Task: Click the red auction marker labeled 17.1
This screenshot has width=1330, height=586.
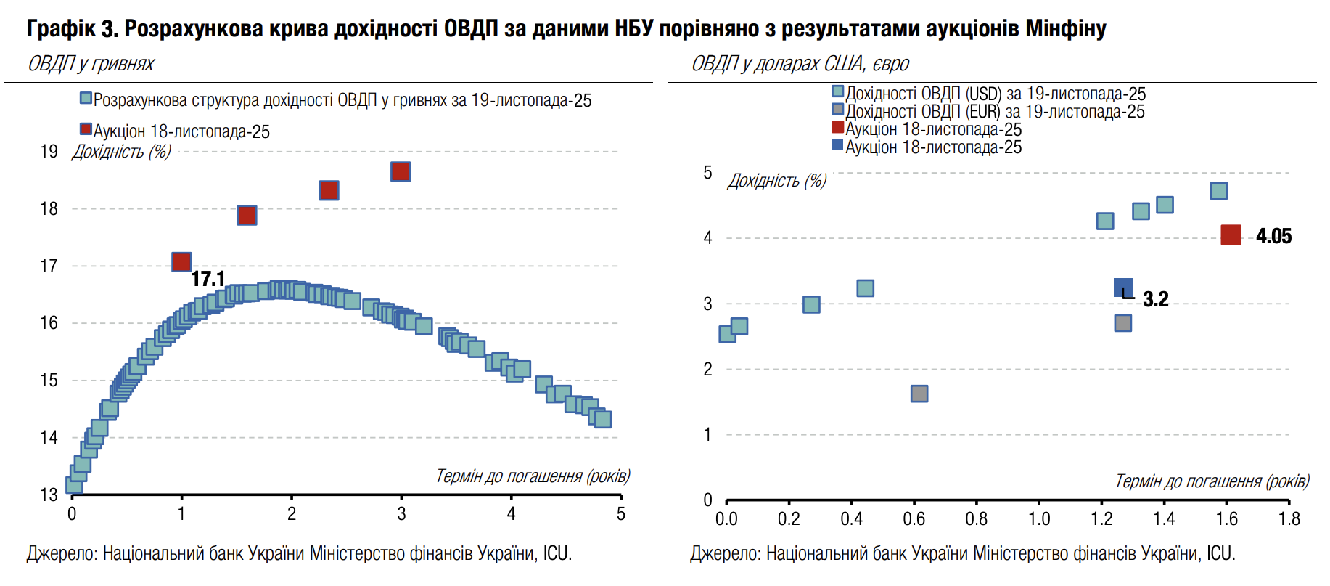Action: (x=181, y=261)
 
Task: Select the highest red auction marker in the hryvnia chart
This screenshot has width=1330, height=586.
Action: (x=401, y=171)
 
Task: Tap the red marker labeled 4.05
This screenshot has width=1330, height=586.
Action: (x=1231, y=235)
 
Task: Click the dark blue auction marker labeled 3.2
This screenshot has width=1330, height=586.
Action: (x=1122, y=288)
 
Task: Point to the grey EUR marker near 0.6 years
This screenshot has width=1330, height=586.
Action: (x=919, y=394)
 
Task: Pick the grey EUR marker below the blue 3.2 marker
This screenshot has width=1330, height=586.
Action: (x=1122, y=322)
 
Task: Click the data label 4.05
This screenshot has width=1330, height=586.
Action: (x=1273, y=236)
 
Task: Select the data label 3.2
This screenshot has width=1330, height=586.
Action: (x=1155, y=299)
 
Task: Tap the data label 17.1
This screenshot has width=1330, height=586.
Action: (x=208, y=279)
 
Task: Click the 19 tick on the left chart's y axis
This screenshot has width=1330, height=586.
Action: (x=49, y=152)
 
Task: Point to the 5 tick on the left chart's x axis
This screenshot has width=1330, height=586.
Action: (x=620, y=514)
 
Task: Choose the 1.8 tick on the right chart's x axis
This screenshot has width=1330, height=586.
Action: (x=1289, y=518)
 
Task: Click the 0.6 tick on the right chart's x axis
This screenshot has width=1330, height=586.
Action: (x=914, y=518)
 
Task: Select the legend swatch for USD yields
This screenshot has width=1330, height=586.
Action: (x=837, y=91)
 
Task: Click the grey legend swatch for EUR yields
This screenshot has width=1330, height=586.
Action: (x=837, y=110)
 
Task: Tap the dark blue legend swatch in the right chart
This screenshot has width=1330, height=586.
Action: (x=837, y=145)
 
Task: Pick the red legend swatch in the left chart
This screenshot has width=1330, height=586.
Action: (x=86, y=129)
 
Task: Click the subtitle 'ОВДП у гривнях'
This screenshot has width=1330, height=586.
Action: (x=91, y=64)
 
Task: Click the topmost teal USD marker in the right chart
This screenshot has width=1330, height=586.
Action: (x=1218, y=190)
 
